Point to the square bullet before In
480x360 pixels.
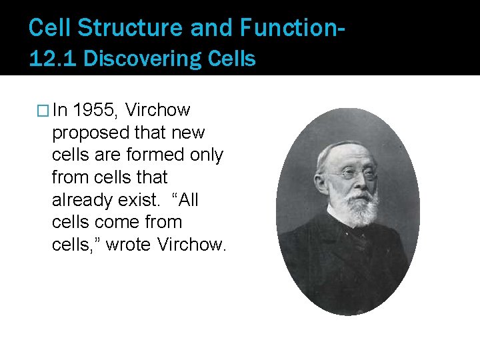click(x=45, y=110)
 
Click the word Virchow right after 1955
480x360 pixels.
click(x=158, y=109)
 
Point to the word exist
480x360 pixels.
click(x=136, y=199)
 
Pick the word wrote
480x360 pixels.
click(x=129, y=245)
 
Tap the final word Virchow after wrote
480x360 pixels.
click(x=192, y=244)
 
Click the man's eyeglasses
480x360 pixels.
click(x=353, y=174)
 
